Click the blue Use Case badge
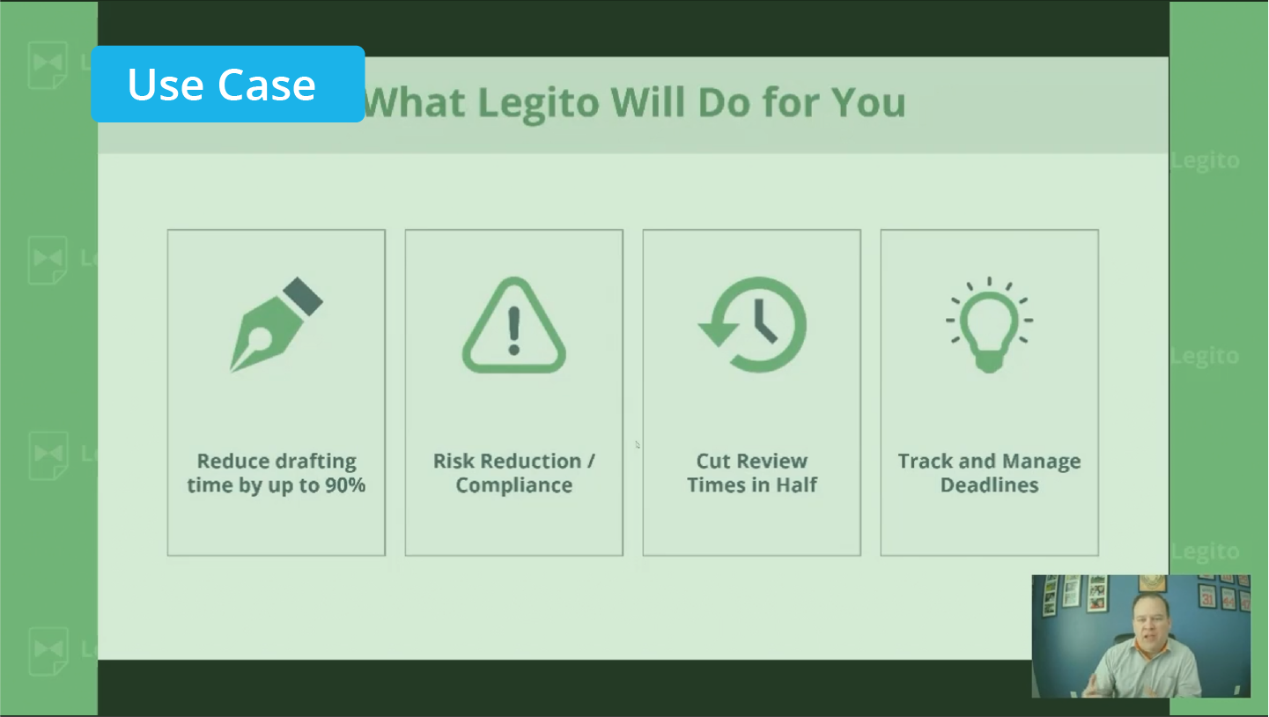point(228,84)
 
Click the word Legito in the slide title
point(538,104)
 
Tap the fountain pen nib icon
point(276,325)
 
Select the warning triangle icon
point(513,325)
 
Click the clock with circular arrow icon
point(752,325)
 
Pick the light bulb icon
point(989,325)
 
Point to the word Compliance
point(513,485)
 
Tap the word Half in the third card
point(796,485)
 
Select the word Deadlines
point(989,485)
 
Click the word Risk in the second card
point(454,461)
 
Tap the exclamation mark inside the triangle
point(513,331)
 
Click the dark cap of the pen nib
point(303,296)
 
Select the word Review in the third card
point(771,461)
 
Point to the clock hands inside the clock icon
point(764,322)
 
